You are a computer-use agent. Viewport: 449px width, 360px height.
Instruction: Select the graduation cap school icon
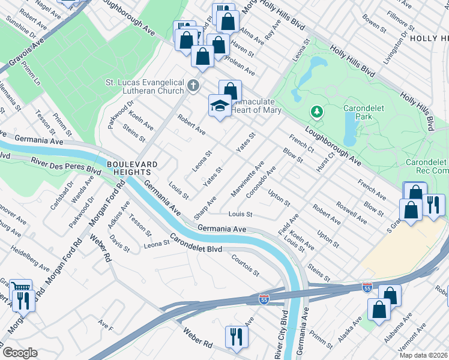(x=220, y=106)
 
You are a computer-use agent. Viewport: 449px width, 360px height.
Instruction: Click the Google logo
(x=19, y=353)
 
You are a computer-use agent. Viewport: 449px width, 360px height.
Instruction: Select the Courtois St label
(x=245, y=265)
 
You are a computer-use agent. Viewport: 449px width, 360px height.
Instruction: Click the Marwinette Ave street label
(x=247, y=179)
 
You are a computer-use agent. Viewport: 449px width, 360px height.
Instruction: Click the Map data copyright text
(x=423, y=355)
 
